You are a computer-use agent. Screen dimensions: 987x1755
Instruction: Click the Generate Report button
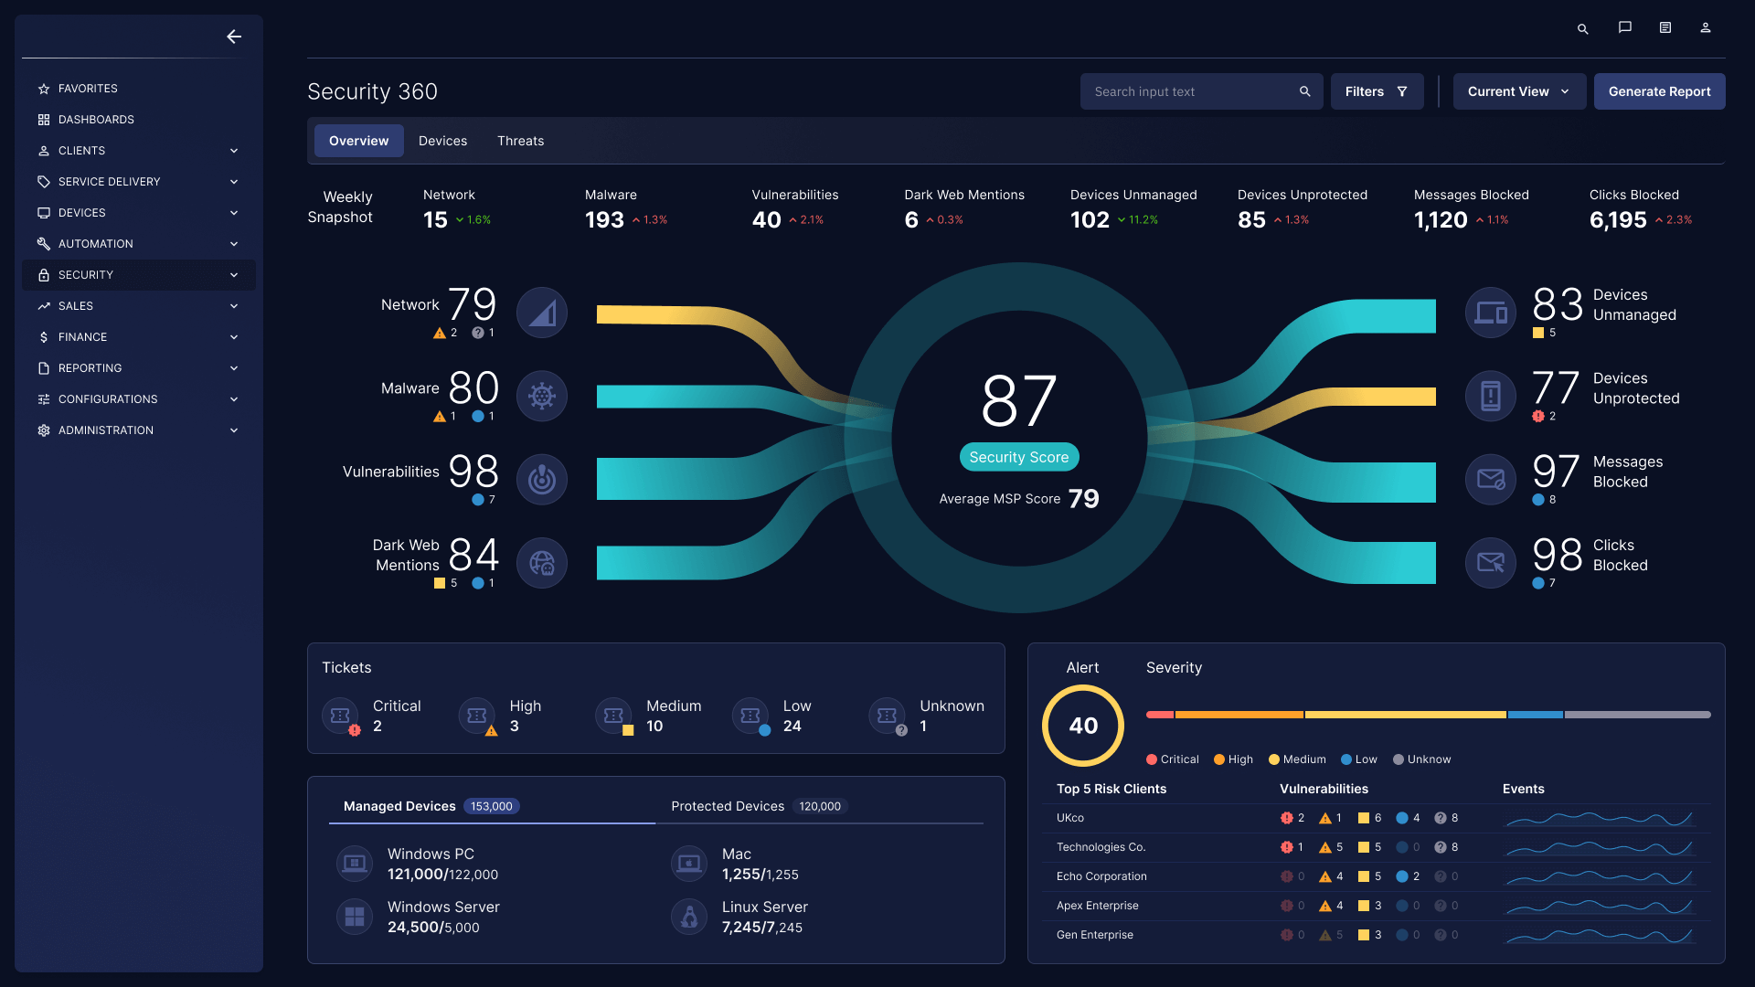pyautogui.click(x=1659, y=91)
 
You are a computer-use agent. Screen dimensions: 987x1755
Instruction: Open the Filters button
pyautogui.click(x=1377, y=91)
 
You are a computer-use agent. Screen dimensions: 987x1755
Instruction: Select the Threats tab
pyautogui.click(x=520, y=141)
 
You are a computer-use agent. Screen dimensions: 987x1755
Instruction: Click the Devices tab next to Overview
pyautogui.click(x=442, y=141)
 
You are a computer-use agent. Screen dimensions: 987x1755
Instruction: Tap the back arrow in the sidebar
pyautogui.click(x=234, y=37)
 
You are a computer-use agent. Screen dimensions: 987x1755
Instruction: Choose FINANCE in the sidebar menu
pyautogui.click(x=82, y=337)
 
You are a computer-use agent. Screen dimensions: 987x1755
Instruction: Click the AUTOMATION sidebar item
pyautogui.click(x=95, y=244)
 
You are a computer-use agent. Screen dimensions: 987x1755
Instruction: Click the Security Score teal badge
pyautogui.click(x=1018, y=457)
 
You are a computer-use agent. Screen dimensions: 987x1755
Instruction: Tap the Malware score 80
pyautogui.click(x=473, y=387)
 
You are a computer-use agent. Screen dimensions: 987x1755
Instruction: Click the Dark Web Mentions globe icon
pyautogui.click(x=542, y=563)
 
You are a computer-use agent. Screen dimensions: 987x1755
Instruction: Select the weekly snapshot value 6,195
pyautogui.click(x=1617, y=220)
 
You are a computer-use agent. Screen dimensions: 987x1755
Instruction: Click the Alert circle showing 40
pyautogui.click(x=1083, y=726)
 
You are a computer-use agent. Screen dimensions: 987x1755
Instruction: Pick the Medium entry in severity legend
pyautogui.click(x=1297, y=759)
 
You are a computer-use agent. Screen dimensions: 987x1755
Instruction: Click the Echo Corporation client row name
pyautogui.click(x=1101, y=876)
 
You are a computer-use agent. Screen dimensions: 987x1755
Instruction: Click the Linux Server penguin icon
pyautogui.click(x=689, y=917)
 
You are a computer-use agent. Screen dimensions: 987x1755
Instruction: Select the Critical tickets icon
pyautogui.click(x=341, y=716)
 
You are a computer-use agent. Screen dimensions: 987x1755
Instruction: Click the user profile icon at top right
pyautogui.click(x=1705, y=28)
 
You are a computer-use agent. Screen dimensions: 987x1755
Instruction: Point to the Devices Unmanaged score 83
pyautogui.click(x=1557, y=304)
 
